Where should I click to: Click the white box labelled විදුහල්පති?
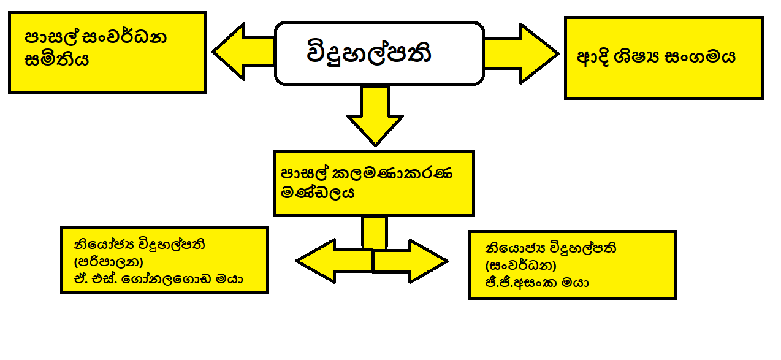tap(379, 53)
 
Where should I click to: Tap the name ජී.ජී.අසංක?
tap(523, 283)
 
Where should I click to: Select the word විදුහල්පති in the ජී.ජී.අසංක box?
tap(576, 249)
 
